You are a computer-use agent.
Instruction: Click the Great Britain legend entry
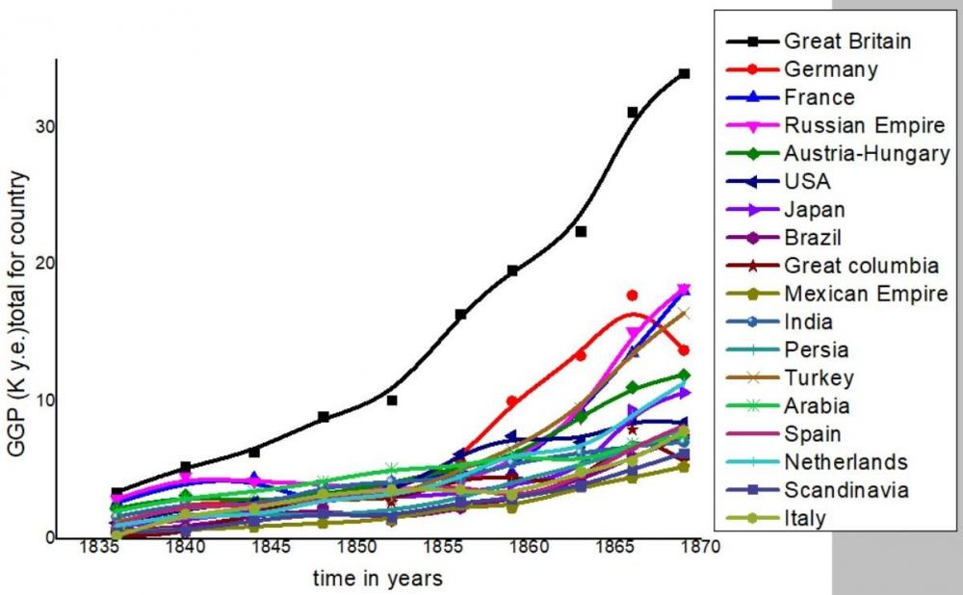847,41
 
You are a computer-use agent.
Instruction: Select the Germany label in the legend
831,69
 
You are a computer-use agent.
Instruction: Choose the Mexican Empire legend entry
866,294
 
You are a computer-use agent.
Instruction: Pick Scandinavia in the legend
847,490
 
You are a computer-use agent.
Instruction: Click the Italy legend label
805,518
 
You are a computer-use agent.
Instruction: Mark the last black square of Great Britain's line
684,73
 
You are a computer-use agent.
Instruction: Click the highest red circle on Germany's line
633,296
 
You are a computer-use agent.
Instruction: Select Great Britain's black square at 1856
461,315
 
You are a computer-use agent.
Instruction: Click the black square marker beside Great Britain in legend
753,41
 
